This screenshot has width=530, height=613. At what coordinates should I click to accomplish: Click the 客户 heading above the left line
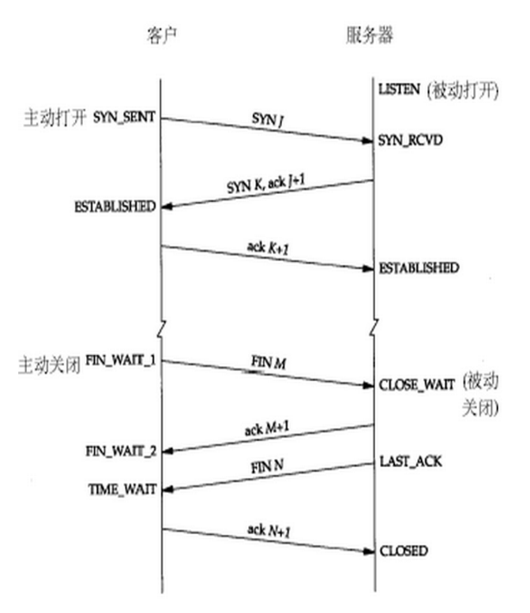[x=160, y=36]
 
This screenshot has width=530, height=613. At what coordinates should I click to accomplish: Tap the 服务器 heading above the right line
[x=369, y=36]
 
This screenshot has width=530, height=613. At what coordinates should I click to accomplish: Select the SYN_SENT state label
[x=124, y=117]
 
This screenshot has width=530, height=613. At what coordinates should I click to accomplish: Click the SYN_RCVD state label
[x=410, y=141]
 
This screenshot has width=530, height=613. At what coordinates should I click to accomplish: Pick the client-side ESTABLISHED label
[x=115, y=206]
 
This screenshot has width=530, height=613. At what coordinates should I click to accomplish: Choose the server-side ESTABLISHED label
[x=419, y=268]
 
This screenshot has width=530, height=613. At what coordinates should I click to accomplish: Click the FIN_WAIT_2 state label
[x=121, y=450]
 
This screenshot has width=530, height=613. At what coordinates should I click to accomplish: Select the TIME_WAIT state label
[x=122, y=489]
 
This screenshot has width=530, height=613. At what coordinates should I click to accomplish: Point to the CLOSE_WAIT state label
[x=417, y=385]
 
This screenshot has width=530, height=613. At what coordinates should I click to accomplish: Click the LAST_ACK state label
[x=410, y=461]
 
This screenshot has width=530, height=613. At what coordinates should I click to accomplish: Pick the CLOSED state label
[x=404, y=551]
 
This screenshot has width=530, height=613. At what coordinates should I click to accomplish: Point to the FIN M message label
[x=267, y=361]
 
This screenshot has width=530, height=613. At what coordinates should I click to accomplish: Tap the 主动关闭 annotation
[x=50, y=367]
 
